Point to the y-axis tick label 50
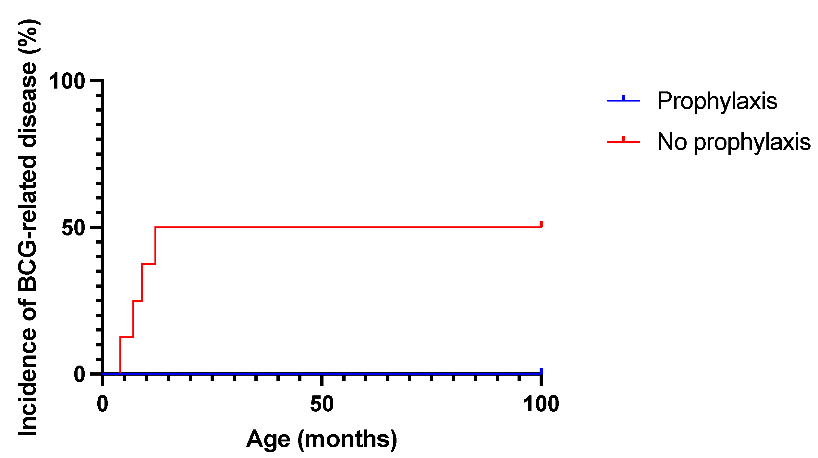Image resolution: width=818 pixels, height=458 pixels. [x=73, y=228]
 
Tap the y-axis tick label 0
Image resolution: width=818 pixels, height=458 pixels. [x=79, y=374]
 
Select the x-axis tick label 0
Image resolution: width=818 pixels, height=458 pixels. [x=103, y=404]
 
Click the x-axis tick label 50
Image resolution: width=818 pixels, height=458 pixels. [x=322, y=404]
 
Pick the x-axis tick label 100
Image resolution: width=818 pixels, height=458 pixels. [x=541, y=404]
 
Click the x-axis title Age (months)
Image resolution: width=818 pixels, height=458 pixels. [x=322, y=439]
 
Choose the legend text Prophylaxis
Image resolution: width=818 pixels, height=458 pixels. [x=717, y=101]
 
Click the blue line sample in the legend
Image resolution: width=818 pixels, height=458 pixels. [x=623, y=101]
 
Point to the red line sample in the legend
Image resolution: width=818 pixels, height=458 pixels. [x=623, y=141]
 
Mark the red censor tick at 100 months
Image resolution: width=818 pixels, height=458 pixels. [x=541, y=224]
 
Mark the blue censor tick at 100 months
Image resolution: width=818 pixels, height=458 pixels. [x=541, y=371]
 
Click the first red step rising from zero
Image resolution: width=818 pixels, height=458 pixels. [x=120, y=355]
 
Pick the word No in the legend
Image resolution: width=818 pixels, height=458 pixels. [x=672, y=142]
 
